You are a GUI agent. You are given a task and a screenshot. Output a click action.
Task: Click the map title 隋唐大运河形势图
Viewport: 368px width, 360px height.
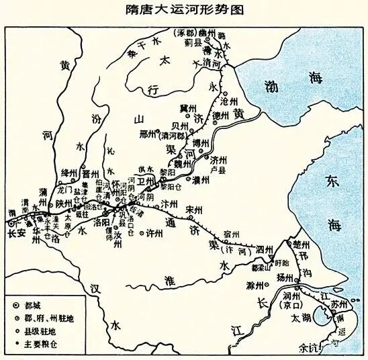point(185,11)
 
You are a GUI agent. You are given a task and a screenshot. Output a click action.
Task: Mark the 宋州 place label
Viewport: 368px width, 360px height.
point(194,209)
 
